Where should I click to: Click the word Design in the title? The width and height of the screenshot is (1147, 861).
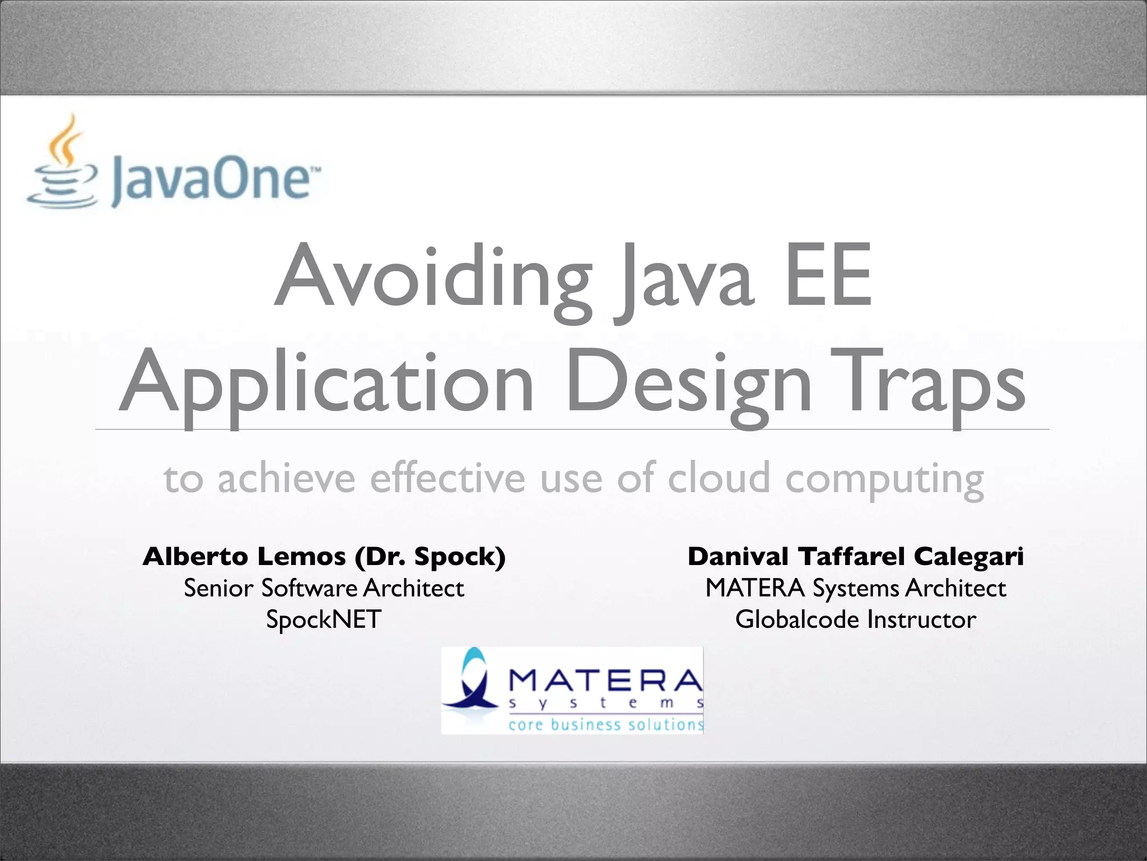[688, 385]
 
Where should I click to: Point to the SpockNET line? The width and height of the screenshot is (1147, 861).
[324, 620]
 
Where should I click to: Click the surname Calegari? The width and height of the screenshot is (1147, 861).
[969, 557]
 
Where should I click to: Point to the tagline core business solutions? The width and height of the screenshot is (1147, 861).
[605, 725]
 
